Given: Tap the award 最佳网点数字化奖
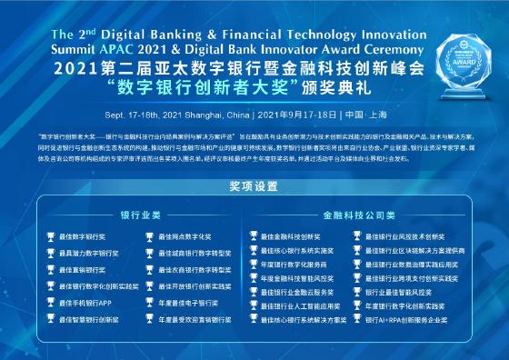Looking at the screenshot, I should pos(185,236).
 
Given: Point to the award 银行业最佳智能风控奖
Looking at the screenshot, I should pos(399,293).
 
